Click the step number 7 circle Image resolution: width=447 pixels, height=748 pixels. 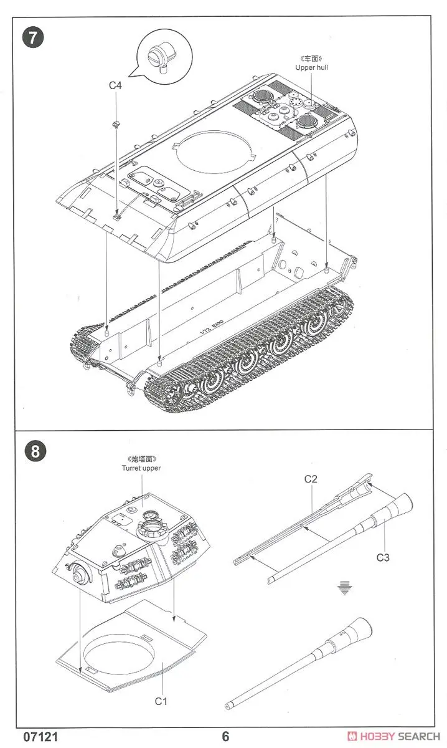pyautogui.click(x=34, y=37)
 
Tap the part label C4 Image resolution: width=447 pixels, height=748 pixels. pyautogui.click(x=115, y=86)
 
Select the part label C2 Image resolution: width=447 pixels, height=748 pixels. pyautogui.click(x=311, y=479)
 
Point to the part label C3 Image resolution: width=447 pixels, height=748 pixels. pyautogui.click(x=383, y=557)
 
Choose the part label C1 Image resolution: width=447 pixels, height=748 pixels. pyautogui.click(x=161, y=701)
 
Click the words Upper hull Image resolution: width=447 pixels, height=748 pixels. pyautogui.click(x=311, y=67)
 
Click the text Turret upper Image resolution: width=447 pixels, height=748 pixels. pyautogui.click(x=141, y=467)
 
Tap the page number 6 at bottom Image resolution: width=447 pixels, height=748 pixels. pyautogui.click(x=225, y=737)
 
